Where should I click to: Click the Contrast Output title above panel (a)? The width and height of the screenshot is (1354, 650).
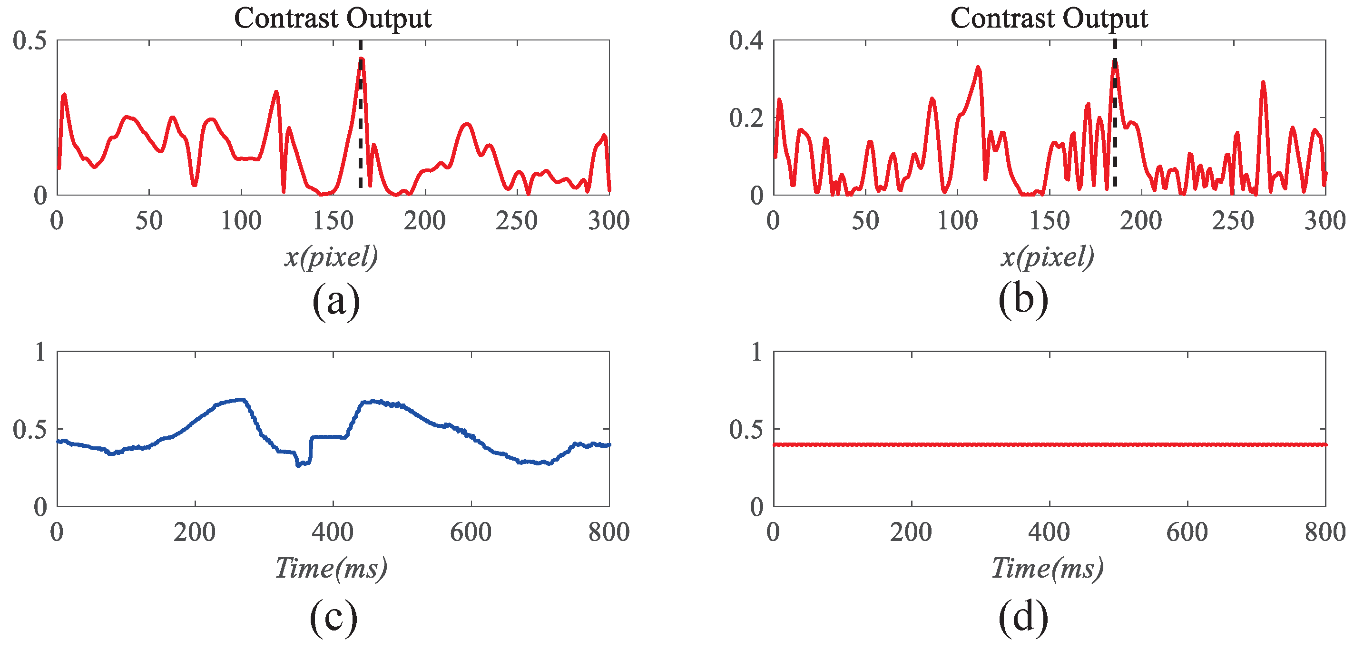(332, 19)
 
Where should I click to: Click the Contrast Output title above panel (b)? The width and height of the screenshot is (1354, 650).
(1049, 19)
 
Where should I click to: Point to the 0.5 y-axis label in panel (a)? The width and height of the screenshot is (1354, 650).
(29, 41)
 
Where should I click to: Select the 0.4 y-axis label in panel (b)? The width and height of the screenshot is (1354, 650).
(746, 41)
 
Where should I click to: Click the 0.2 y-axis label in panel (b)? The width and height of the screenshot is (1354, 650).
(746, 118)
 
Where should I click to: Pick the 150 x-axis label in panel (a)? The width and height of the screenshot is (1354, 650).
(333, 221)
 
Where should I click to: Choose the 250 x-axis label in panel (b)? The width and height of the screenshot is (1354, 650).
(1233, 221)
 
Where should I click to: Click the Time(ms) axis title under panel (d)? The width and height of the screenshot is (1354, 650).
(1047, 569)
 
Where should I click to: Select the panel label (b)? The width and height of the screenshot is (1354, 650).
(1023, 300)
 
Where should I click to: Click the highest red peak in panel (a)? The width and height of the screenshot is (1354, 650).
(361, 59)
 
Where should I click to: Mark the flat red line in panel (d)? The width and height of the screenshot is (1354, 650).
(1049, 445)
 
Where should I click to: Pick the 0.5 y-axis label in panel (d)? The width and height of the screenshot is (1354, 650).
(746, 430)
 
